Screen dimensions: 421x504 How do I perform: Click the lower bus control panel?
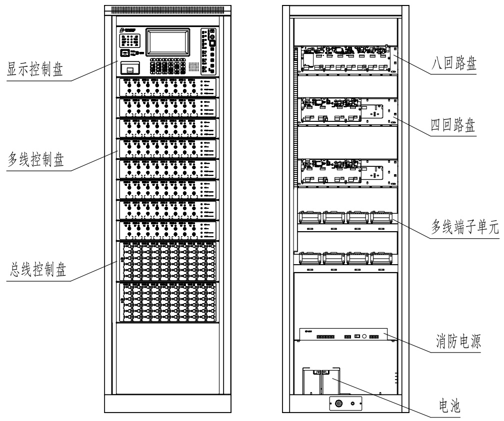[x=167, y=302]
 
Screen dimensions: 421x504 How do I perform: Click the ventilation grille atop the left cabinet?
[x=167, y=9]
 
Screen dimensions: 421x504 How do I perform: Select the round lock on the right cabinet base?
[x=338, y=403]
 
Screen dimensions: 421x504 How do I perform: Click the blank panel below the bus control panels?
[x=167, y=357]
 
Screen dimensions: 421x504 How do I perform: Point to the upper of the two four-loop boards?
[x=345, y=110]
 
